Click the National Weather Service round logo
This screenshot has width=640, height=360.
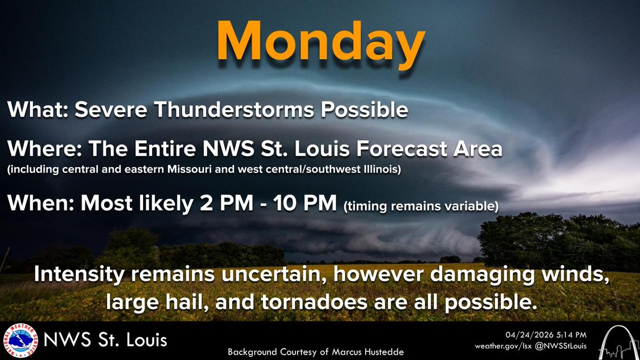coord(18,340)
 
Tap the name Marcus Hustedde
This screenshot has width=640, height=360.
coord(374,353)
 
